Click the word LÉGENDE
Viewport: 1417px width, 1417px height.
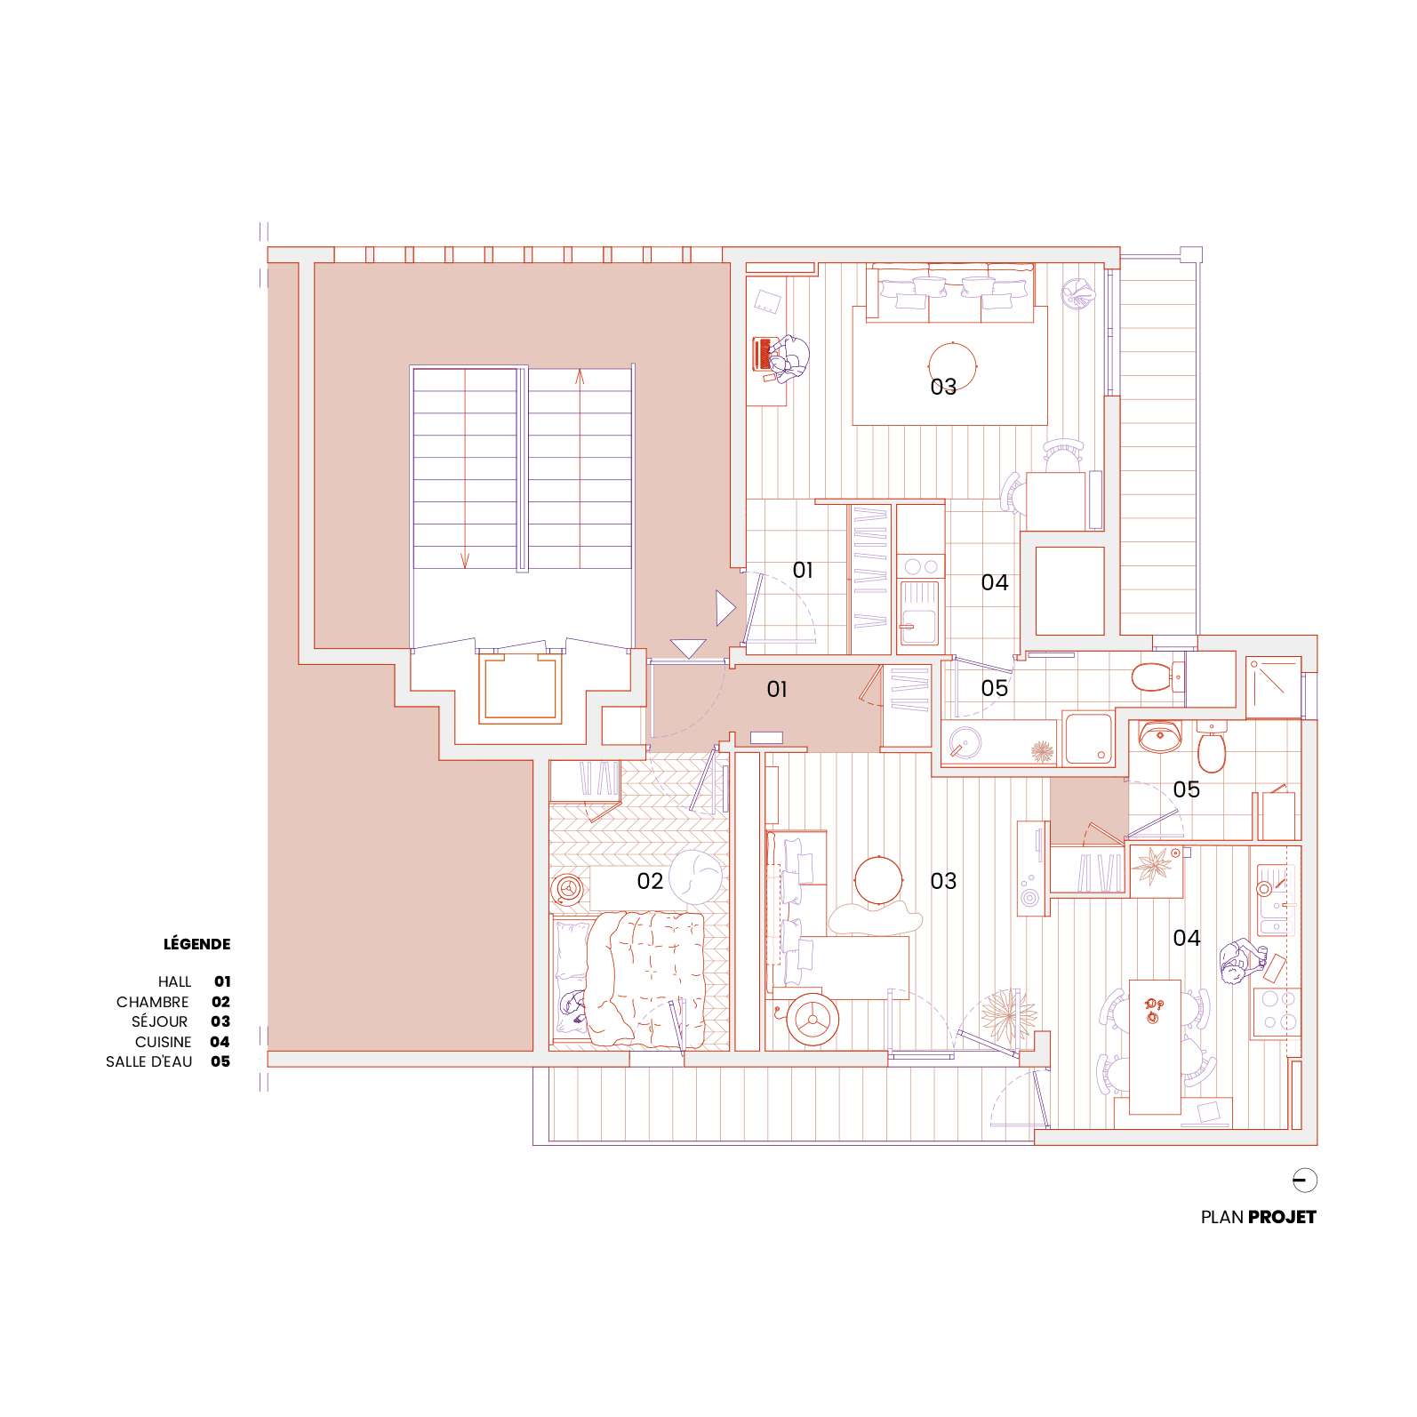tap(196, 944)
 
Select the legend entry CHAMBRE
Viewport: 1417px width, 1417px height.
tap(153, 1002)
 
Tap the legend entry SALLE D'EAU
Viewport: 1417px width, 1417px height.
tap(148, 1061)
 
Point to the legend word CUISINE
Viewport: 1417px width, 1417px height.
tap(164, 1042)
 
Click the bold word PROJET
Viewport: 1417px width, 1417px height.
tap(1282, 1217)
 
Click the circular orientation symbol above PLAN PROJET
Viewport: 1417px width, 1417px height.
tap(1305, 1181)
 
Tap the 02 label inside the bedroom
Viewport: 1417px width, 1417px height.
tap(650, 881)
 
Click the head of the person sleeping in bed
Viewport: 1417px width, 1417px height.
tap(570, 1005)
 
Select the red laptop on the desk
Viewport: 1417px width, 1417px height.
tap(763, 353)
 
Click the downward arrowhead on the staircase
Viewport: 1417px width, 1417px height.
tap(464, 560)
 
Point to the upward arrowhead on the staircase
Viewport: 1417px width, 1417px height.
tap(580, 375)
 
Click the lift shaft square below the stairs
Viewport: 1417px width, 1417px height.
tap(522, 689)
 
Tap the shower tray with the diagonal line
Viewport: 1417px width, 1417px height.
tap(1273, 688)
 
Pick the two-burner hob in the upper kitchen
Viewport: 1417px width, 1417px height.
tap(919, 565)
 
